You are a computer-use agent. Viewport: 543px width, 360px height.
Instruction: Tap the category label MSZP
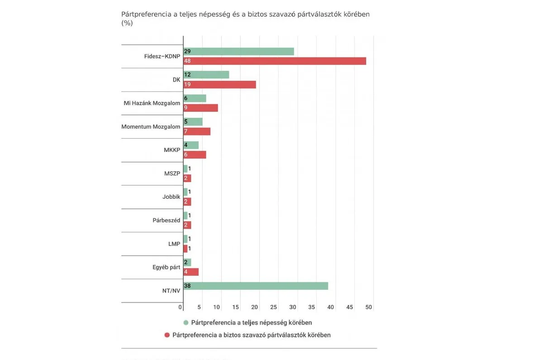[x=172, y=173]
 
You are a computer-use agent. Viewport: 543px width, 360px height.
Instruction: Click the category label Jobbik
[x=171, y=197]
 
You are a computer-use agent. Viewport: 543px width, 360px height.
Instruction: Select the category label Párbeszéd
[x=166, y=221]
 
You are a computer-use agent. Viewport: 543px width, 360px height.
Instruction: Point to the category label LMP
[x=174, y=244]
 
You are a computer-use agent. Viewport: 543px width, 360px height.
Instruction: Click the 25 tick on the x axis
[x=273, y=307]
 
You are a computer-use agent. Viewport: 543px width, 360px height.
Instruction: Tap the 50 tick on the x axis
[x=368, y=307]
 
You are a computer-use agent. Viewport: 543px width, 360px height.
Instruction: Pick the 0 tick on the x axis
[x=180, y=307]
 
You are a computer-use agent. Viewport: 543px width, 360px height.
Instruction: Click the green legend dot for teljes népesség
[x=186, y=323]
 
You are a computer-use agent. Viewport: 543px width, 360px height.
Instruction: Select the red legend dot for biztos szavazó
[x=167, y=335]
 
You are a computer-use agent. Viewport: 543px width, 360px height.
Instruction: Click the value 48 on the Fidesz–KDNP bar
[x=187, y=61]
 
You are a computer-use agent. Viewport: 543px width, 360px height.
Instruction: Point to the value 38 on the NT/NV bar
[x=187, y=286]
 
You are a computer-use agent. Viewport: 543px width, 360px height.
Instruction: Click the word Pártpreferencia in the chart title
[x=146, y=14]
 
